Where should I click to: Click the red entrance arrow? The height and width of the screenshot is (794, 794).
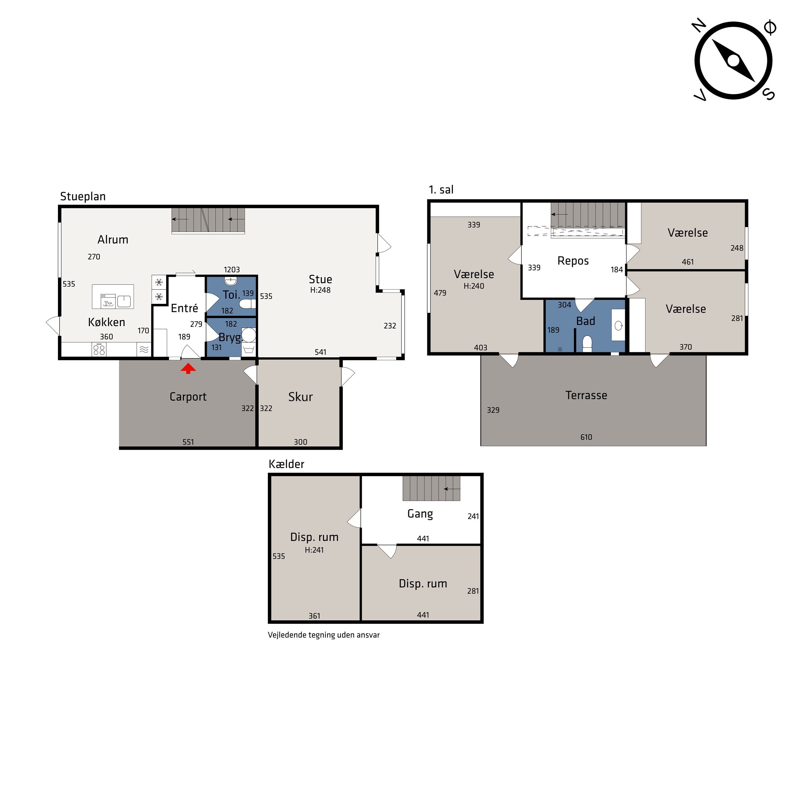188,368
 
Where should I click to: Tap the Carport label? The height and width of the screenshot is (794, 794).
188,397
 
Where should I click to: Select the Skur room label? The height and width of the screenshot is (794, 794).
300,397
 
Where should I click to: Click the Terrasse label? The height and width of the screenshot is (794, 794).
586,395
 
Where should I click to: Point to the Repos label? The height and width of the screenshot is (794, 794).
573,261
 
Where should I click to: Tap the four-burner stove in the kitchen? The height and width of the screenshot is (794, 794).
99,349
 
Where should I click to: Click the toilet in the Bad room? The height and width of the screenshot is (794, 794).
587,344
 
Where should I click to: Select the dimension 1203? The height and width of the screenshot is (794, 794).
232,270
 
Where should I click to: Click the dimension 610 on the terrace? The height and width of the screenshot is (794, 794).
586,437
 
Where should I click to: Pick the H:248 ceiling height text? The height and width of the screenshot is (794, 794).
320,290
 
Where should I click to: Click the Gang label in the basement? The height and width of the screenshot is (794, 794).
420,514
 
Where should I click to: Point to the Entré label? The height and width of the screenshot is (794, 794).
184,308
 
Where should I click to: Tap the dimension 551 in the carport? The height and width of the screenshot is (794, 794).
188,442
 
